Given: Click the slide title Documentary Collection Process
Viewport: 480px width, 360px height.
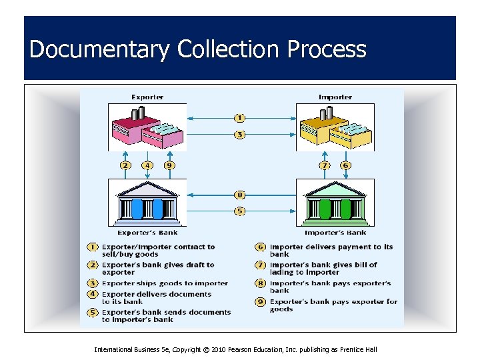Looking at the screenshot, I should click(x=198, y=49).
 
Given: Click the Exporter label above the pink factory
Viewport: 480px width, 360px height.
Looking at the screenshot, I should click(x=147, y=97).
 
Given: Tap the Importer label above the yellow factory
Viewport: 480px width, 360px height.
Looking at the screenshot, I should click(x=335, y=97).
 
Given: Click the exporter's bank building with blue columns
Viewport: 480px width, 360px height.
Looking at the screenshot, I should click(x=147, y=203).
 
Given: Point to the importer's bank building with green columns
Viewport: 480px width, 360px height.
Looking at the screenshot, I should click(x=335, y=203).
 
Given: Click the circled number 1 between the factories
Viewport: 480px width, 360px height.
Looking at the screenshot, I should click(x=240, y=118).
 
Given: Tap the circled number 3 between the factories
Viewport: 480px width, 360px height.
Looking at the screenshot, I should click(x=240, y=134).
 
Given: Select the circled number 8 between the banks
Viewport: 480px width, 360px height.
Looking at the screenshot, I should click(x=240, y=195).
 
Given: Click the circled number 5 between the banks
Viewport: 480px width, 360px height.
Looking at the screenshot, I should click(x=240, y=211).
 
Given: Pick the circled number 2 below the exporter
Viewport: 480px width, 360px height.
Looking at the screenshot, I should click(x=125, y=165).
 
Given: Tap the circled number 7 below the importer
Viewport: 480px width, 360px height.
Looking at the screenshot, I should click(x=325, y=165).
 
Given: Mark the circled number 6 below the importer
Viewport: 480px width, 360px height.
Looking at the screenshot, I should click(x=345, y=165).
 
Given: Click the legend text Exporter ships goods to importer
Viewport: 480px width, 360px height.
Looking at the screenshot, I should click(x=165, y=283).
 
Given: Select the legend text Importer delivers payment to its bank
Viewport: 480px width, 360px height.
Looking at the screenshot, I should click(x=331, y=250).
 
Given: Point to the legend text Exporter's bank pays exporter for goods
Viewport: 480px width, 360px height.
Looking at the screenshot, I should click(x=333, y=305).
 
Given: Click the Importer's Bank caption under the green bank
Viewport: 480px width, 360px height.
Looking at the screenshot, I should click(x=335, y=233).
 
